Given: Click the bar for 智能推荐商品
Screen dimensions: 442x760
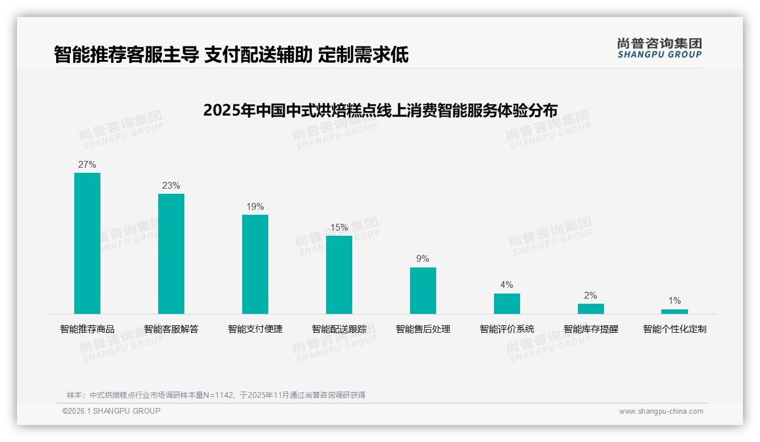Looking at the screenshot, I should pyautogui.click(x=87, y=243).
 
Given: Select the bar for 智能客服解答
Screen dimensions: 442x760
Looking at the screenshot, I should pyautogui.click(x=171, y=254).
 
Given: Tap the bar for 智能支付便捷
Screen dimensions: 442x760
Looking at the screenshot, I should pyautogui.click(x=255, y=264).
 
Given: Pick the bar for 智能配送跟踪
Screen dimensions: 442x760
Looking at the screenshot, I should pyautogui.click(x=339, y=275).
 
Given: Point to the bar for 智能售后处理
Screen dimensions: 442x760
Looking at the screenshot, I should pyautogui.click(x=423, y=291).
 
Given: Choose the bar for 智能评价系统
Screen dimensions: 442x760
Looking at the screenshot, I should pyautogui.click(x=507, y=304).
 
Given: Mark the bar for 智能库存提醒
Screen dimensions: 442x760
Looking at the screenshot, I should pyautogui.click(x=591, y=309).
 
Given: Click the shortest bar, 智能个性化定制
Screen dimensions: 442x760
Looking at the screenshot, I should pyautogui.click(x=674, y=312).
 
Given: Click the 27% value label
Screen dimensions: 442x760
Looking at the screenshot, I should pyautogui.click(x=87, y=165).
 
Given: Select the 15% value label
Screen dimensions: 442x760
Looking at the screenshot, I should pyautogui.click(x=339, y=228).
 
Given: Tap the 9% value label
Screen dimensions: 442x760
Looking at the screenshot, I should pyautogui.click(x=423, y=259).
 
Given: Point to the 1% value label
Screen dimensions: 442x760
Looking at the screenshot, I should pyautogui.click(x=674, y=301).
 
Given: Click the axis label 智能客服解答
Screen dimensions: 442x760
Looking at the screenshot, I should pyautogui.click(x=171, y=329).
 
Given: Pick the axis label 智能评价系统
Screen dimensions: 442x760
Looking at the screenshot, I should pyautogui.click(x=507, y=329).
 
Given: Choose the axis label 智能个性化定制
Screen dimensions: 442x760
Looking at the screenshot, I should pyautogui.click(x=674, y=329).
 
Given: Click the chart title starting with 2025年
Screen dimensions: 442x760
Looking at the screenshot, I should pyautogui.click(x=380, y=110).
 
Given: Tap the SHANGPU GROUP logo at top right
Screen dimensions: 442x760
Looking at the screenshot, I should pyautogui.click(x=659, y=48).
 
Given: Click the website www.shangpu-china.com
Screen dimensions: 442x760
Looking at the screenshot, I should pyautogui.click(x=661, y=411).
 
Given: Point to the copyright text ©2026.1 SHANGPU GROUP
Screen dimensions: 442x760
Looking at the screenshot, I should pyautogui.click(x=111, y=411).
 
